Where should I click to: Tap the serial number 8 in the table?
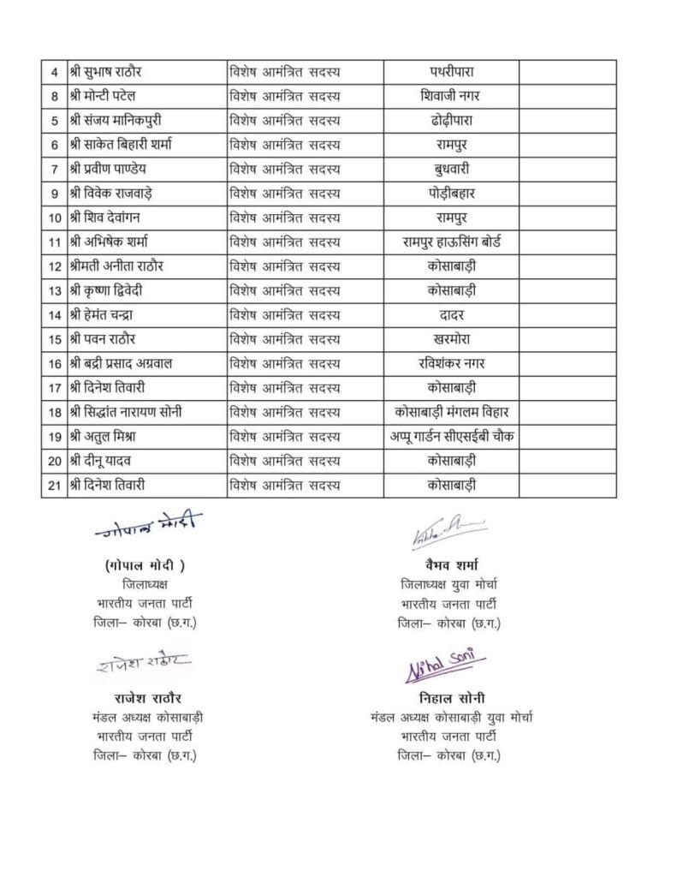54,95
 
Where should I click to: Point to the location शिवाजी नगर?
450,95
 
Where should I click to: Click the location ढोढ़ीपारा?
450,119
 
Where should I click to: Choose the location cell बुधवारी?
450,168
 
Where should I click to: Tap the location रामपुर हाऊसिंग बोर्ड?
450,242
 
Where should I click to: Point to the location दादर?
450,315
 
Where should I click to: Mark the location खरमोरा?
450,339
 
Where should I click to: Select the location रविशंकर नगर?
450,364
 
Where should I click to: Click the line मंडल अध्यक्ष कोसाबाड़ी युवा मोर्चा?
451,715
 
